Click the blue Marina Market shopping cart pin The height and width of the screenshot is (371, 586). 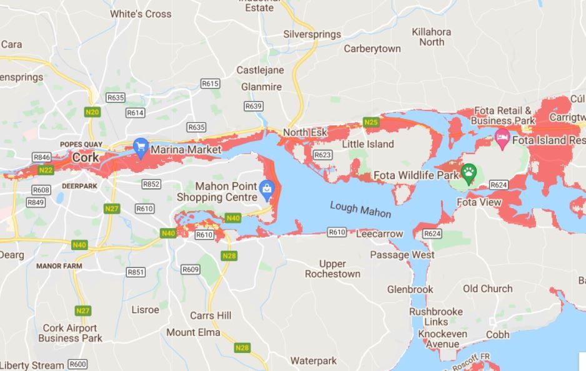[x=141, y=148]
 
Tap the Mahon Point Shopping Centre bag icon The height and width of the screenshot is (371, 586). [x=267, y=188]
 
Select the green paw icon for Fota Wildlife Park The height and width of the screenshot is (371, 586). [x=469, y=171]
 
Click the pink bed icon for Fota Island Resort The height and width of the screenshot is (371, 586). [x=502, y=137]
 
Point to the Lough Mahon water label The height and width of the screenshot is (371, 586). [x=360, y=210]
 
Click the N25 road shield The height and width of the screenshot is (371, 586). [x=371, y=122]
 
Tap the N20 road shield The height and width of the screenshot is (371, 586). [x=92, y=112]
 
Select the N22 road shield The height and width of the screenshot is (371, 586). [x=46, y=170]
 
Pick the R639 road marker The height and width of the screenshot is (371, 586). [x=254, y=107]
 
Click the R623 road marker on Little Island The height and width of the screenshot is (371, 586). [x=322, y=155]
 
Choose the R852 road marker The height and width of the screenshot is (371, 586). [x=151, y=184]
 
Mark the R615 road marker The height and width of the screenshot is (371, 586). [x=210, y=84]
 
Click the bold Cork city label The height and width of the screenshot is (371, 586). [x=85, y=157]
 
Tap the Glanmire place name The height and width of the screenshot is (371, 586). [x=261, y=87]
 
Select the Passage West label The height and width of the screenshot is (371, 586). [x=402, y=254]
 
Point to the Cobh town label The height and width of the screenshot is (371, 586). [x=498, y=334]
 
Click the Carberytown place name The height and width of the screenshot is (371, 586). [x=372, y=49]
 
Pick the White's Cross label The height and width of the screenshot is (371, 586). [x=141, y=14]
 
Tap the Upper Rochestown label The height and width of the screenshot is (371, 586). [x=332, y=269]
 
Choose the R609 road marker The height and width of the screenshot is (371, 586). [x=191, y=269]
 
